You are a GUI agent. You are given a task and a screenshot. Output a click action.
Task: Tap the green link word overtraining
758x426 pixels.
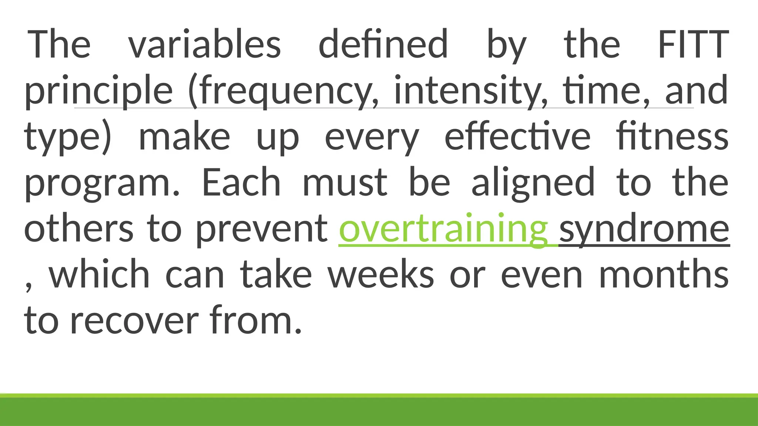click(x=443, y=229)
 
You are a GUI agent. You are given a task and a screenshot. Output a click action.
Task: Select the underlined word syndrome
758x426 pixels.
click(x=644, y=229)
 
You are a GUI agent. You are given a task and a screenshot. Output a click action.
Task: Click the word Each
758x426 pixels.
click(x=241, y=182)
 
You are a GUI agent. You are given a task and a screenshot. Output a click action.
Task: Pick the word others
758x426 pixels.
click(x=78, y=229)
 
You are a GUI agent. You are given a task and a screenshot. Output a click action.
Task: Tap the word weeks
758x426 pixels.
click(x=381, y=275)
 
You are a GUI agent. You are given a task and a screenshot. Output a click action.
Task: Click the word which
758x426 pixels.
click(x=99, y=275)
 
